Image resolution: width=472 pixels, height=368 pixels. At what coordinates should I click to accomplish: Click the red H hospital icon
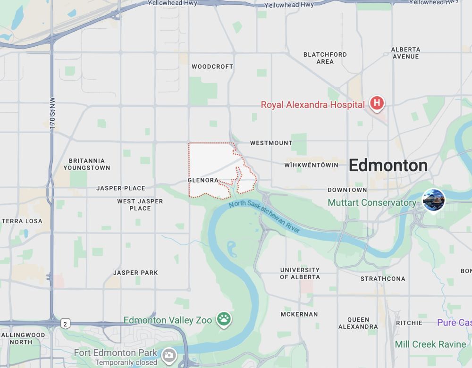(377, 103)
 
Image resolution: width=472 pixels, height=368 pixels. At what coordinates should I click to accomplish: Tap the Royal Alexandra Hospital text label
(312, 105)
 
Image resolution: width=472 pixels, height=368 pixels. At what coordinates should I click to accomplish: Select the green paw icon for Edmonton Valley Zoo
(224, 319)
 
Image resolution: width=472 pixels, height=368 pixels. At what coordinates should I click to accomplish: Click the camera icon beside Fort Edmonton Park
(169, 354)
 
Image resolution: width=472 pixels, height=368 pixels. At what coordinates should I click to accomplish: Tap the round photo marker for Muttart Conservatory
(433, 200)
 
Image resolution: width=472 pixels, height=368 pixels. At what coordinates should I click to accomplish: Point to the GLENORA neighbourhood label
(203, 180)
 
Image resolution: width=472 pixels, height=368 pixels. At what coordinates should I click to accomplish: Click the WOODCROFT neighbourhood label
(212, 67)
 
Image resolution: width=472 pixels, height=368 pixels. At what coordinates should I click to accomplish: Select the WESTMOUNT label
(271, 143)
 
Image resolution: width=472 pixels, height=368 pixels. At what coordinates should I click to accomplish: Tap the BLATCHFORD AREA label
(325, 58)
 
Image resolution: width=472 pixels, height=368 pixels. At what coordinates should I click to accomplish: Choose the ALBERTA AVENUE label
(405, 53)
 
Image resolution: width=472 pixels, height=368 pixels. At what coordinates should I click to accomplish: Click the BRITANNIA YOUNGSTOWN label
(86, 164)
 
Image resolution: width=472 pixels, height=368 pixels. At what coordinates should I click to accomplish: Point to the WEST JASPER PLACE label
(140, 205)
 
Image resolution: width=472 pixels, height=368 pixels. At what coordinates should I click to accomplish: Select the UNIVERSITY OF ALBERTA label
(300, 274)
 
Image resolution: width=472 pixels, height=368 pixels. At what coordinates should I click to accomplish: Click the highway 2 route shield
(65, 324)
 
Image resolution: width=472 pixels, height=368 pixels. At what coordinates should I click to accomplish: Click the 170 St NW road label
(52, 114)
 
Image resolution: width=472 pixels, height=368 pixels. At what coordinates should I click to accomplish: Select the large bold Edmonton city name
(388, 166)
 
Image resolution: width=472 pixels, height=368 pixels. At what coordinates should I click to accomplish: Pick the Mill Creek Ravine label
(430, 344)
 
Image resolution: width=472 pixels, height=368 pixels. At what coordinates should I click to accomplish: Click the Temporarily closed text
(126, 363)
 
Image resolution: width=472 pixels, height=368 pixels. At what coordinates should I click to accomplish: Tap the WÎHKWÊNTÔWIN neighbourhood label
(311, 165)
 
